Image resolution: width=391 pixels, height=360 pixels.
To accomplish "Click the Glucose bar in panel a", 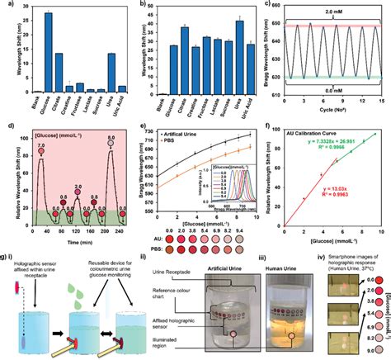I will [49, 52].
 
